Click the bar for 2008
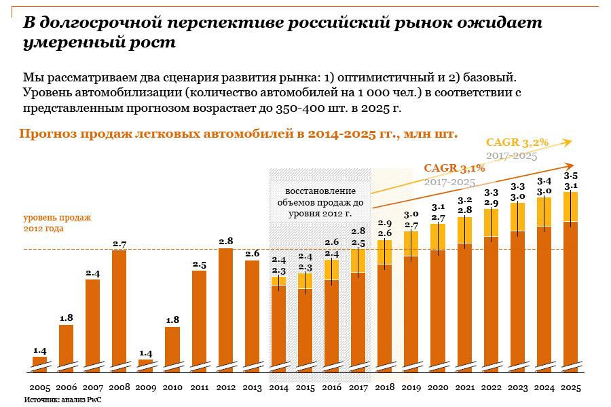(x=119, y=309)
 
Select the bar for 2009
(x=145, y=364)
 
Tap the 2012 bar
(x=225, y=309)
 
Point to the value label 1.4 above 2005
(x=39, y=351)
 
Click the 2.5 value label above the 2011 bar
(x=199, y=265)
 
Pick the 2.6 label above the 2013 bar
(x=252, y=254)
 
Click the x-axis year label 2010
(x=172, y=387)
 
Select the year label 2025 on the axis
(x=571, y=387)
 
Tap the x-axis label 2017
(x=358, y=387)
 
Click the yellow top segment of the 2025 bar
(x=571, y=207)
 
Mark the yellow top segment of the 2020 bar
(x=438, y=237)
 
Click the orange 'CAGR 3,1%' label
(x=454, y=168)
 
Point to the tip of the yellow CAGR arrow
(x=572, y=140)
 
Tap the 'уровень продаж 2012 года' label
(x=57, y=223)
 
